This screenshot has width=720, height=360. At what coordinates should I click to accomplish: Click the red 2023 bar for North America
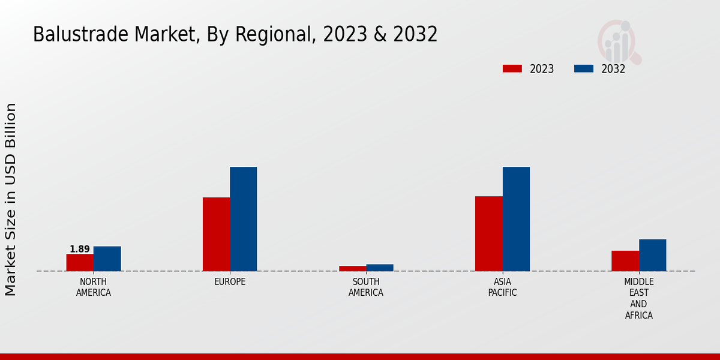point(80,262)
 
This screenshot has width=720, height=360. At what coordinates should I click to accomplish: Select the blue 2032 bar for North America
point(107,259)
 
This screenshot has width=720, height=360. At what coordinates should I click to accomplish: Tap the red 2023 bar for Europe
point(216,234)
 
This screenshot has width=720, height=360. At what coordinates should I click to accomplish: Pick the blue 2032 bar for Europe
point(243,219)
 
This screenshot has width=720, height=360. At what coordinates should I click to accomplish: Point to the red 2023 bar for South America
point(352,268)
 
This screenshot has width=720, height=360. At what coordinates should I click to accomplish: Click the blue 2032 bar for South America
point(380,268)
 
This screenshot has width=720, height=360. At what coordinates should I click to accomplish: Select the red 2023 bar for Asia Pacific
point(488,233)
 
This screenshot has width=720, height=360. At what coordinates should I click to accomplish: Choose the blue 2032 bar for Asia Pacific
point(516,219)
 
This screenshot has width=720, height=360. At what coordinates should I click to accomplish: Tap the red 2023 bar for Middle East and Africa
point(625,260)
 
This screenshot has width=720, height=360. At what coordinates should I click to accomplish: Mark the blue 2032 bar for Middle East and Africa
point(652,255)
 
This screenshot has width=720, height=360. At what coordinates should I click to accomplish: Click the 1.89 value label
point(80,249)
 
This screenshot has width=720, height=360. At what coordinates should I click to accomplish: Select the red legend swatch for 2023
point(512,68)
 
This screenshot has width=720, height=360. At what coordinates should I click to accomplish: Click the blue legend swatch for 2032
point(583,68)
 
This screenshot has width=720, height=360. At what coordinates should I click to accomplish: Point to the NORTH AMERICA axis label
point(94,287)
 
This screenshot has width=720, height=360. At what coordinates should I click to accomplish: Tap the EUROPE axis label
point(230,281)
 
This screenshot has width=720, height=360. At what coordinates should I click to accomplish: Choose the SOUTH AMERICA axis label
point(366,287)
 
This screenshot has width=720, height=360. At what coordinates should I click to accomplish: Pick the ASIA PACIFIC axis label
point(502,287)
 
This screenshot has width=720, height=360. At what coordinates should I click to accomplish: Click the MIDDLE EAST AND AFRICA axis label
point(639,298)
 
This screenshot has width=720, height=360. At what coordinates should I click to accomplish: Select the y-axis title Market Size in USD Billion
point(11,199)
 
